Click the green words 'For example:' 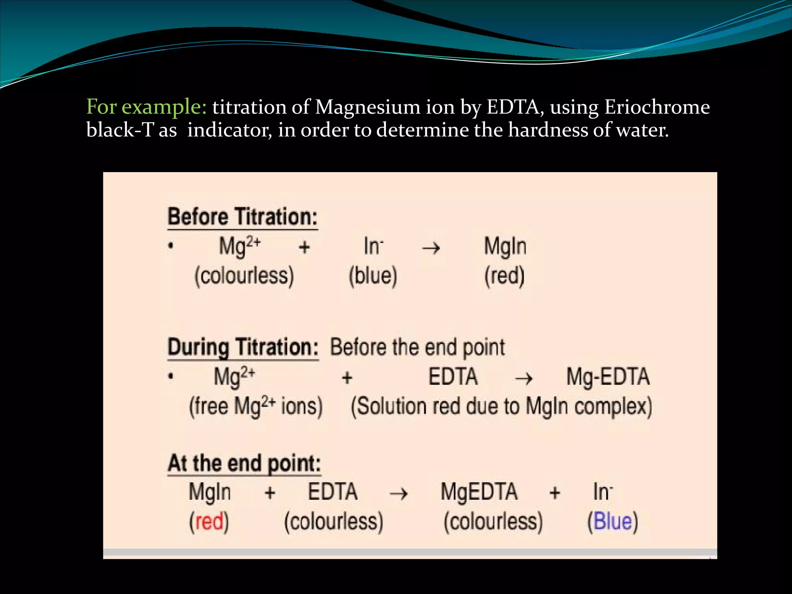click(x=147, y=107)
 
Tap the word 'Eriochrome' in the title click(x=657, y=107)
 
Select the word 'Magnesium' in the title click(x=367, y=108)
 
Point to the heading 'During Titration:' click(x=243, y=347)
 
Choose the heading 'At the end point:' click(x=244, y=463)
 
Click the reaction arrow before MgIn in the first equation click(x=430, y=247)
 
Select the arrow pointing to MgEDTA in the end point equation click(x=398, y=493)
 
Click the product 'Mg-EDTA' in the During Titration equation click(x=608, y=377)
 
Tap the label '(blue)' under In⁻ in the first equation click(x=373, y=276)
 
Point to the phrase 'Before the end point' click(x=417, y=347)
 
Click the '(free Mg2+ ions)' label click(x=256, y=406)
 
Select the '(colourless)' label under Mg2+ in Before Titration click(x=244, y=276)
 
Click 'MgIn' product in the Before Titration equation click(x=505, y=246)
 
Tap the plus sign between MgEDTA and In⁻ click(x=555, y=493)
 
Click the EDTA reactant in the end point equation click(x=333, y=492)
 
